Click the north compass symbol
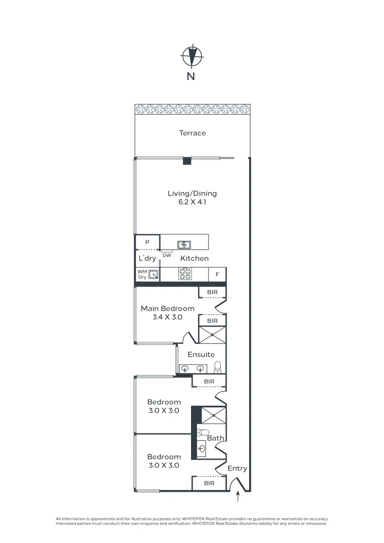coord(191,56)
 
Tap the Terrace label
coord(193,133)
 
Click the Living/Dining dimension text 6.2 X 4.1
coord(193,203)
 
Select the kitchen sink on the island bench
coord(184,245)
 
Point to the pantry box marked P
coord(147,242)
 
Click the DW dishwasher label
coord(167,255)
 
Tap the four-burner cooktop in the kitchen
coord(185,274)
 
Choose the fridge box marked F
coord(218,275)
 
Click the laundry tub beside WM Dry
coord(153,275)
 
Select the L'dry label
coord(147,258)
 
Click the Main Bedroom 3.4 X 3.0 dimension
coord(167,318)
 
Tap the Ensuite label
coord(201,354)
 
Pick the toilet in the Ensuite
coord(218,367)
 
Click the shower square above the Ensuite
coord(212,334)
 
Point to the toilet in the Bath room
coord(204,432)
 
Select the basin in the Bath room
coord(202,448)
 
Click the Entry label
coord(237,469)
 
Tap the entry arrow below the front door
coord(238,497)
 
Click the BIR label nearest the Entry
coord(209,483)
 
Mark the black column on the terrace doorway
coord(187,161)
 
